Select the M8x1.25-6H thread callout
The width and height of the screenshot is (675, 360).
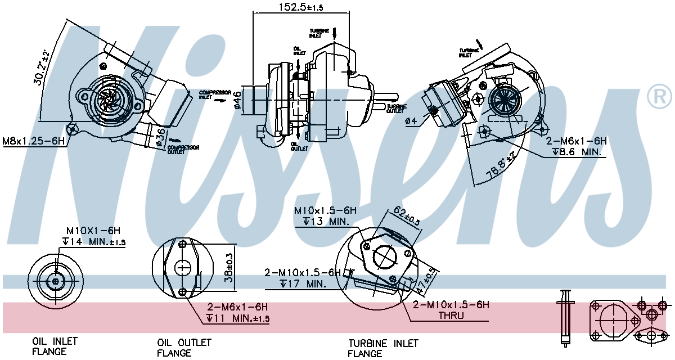click(33, 141)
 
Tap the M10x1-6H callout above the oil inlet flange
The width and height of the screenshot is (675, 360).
click(93, 231)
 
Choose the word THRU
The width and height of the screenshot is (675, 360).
click(451, 316)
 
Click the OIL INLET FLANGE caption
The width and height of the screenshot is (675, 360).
click(55, 346)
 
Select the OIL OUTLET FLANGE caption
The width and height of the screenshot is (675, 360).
click(184, 348)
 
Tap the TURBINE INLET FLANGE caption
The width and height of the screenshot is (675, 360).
click(383, 348)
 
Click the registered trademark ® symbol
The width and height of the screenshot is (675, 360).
click(659, 97)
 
